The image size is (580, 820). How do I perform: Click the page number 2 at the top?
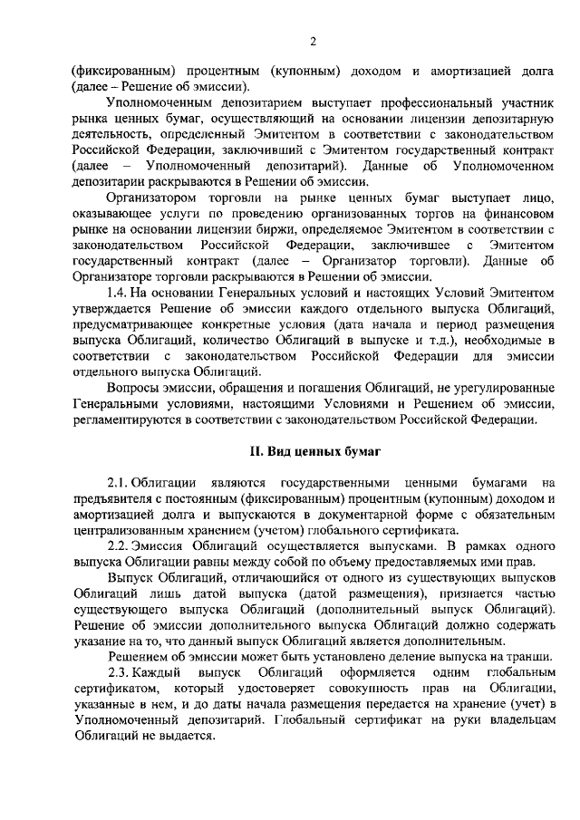312,41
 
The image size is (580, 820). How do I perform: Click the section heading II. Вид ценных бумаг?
311,449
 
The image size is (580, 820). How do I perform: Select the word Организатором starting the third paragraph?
148,198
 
